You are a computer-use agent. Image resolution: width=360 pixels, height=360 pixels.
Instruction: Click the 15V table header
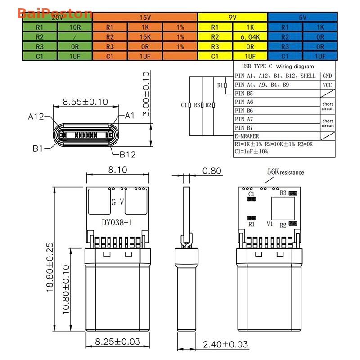coord(145,18)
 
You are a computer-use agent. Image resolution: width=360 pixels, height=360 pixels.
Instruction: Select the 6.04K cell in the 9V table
coord(250,36)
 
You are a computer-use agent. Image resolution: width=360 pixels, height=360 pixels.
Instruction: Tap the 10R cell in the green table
coord(75,27)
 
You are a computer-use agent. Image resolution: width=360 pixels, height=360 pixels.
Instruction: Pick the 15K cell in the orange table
coord(145,36)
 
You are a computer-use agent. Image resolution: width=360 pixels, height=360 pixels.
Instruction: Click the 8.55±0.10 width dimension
coord(85,102)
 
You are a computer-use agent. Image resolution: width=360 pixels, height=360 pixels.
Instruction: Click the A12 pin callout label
coord(36,117)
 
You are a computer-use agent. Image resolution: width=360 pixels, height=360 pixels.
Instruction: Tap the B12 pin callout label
coord(127,155)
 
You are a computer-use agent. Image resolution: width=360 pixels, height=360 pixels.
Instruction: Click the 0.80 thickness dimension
coord(211,171)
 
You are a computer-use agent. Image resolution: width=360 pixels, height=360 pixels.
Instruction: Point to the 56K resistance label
coord(285,172)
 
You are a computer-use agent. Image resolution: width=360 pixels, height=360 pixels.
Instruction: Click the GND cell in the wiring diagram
coord(327,76)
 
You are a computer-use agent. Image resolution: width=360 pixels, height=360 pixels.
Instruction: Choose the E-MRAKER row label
coord(247,136)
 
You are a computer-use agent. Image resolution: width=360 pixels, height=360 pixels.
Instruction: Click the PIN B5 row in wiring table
coord(244,93)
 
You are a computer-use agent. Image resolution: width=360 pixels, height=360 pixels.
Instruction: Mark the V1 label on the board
coord(270,223)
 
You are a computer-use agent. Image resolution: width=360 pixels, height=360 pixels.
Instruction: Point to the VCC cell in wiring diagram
coord(327,85)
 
